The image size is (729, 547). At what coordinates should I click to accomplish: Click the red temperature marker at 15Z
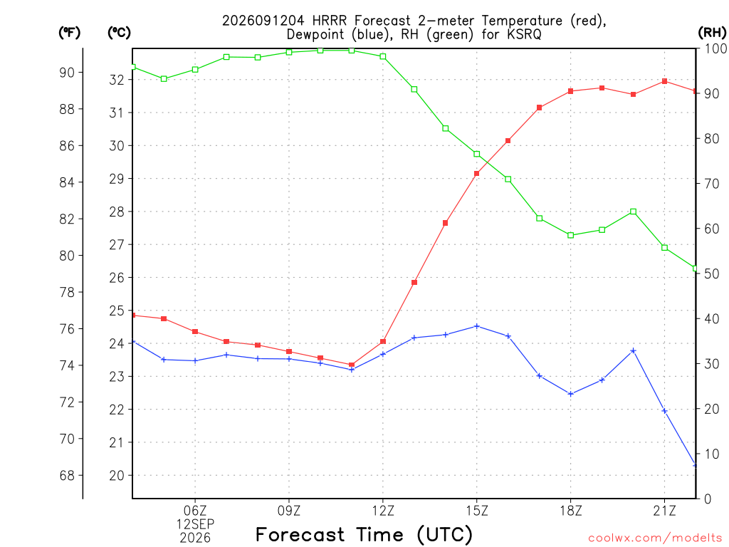476,174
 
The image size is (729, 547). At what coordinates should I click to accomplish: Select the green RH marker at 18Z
570,235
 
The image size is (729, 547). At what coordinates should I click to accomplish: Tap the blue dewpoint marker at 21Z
664,411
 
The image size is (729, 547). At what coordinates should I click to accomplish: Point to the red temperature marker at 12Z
383,341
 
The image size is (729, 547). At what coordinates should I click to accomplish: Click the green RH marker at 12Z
383,56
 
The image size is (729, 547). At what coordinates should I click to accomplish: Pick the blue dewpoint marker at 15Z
476,326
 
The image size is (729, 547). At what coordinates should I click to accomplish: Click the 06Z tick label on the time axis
195,511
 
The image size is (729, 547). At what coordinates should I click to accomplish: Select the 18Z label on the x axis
570,511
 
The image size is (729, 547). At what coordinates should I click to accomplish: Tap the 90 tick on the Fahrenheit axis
67,73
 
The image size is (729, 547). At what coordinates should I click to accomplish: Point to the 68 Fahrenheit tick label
67,475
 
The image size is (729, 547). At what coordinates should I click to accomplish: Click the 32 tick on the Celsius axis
117,80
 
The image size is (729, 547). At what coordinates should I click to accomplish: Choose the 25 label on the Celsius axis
117,311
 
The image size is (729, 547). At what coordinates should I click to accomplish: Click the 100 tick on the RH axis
715,48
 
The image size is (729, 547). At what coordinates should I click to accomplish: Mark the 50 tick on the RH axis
711,273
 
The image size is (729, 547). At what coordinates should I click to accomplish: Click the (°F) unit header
69,33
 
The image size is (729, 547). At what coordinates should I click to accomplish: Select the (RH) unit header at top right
712,33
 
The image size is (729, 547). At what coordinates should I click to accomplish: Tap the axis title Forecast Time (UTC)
364,534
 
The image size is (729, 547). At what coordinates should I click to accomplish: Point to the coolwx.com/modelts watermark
655,538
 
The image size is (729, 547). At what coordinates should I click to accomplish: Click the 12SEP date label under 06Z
195,524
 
